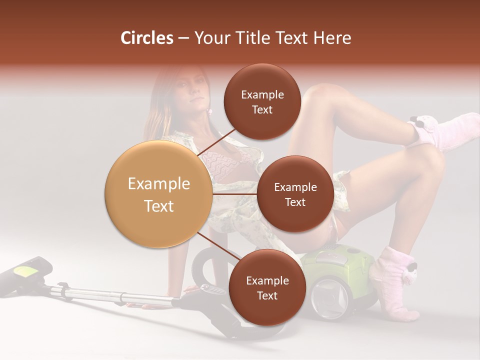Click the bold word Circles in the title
click(x=146, y=38)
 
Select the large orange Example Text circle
click(x=158, y=194)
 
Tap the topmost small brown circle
click(x=262, y=101)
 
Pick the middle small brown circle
click(x=295, y=194)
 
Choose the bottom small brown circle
click(x=267, y=287)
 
